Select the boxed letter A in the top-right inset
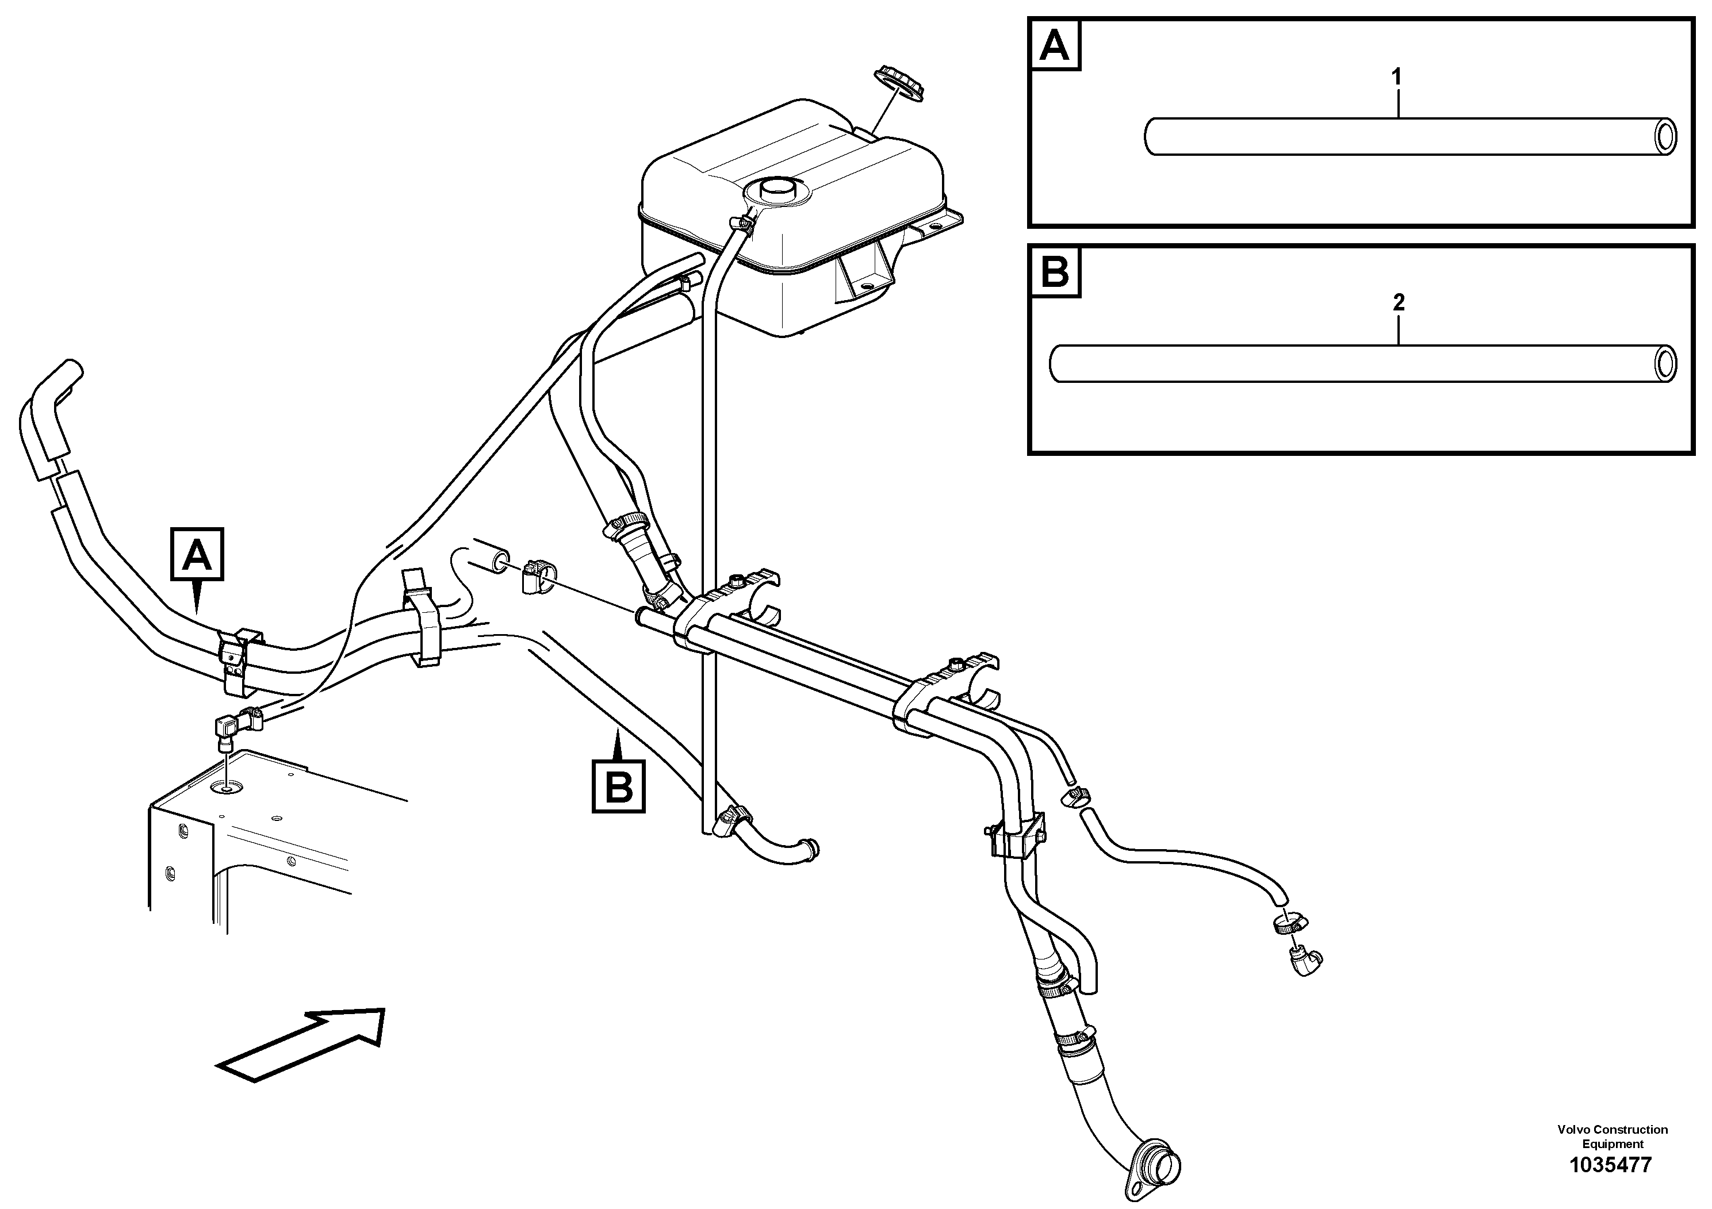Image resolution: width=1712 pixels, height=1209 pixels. [x=1054, y=46]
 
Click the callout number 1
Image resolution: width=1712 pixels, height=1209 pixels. [x=1397, y=77]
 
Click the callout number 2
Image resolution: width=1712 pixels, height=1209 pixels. [x=1398, y=302]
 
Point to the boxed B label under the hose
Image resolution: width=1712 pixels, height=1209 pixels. [x=619, y=786]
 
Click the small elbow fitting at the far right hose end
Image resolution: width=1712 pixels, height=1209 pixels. [x=1305, y=962]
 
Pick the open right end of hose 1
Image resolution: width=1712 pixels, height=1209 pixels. [x=1665, y=137]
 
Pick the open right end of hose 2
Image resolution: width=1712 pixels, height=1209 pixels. [x=1665, y=364]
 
